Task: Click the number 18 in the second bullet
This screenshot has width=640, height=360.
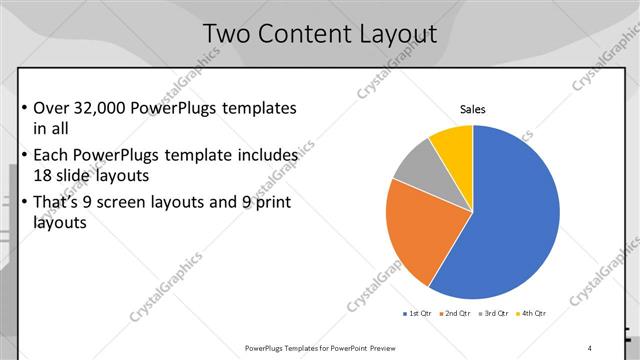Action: [45, 177]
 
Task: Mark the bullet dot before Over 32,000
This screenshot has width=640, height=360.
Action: [24, 108]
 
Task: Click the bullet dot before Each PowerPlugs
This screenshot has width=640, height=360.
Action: [24, 156]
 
